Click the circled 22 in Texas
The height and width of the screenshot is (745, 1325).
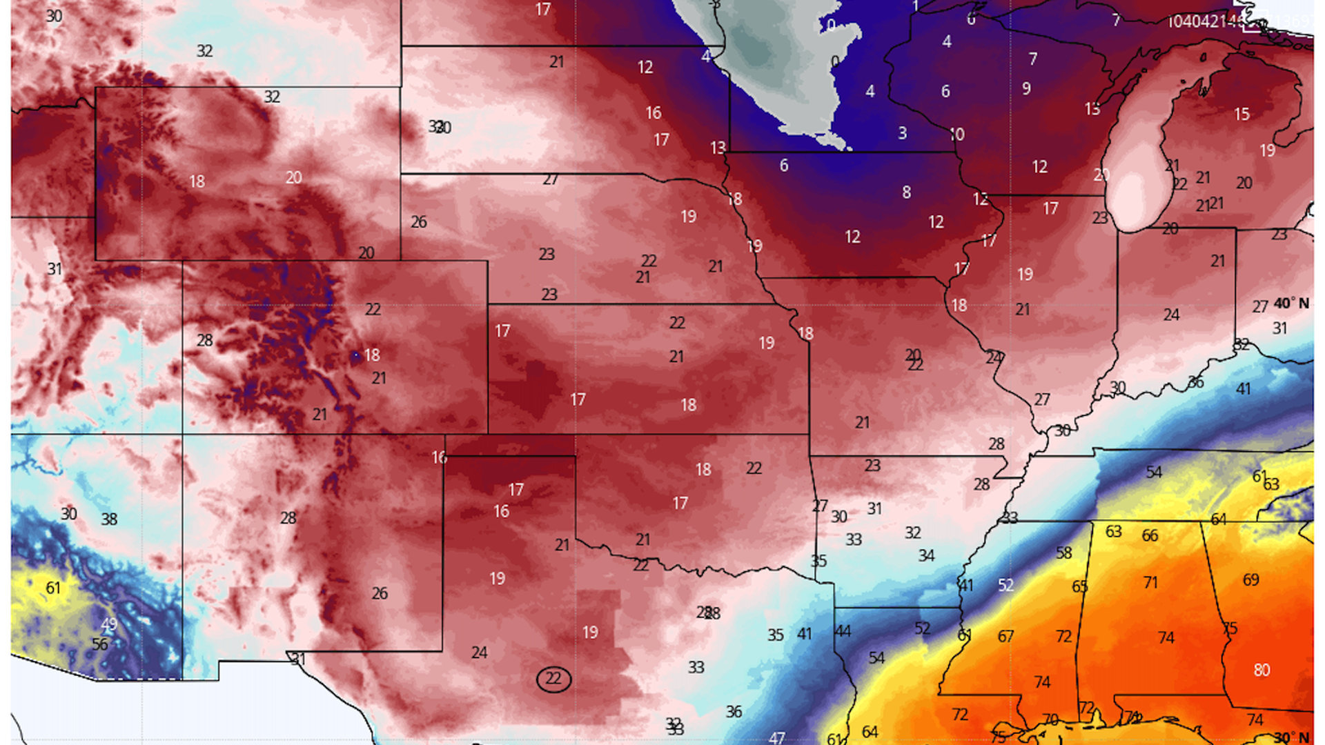tap(553, 679)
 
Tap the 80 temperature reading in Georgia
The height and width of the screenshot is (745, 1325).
tap(1262, 670)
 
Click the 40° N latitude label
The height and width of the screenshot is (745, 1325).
tap(1291, 303)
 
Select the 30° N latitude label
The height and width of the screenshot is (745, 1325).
tap(1291, 737)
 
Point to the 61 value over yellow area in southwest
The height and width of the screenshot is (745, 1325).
tap(53, 588)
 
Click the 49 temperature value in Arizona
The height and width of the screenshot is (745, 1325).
tap(109, 624)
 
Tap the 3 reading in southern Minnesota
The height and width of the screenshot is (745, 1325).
tap(902, 133)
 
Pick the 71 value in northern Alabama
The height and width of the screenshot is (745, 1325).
tap(1150, 583)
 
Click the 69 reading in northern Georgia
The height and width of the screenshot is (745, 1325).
tap(1251, 580)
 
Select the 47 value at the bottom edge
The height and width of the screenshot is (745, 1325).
tap(777, 737)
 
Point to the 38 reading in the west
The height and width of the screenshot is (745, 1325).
tap(109, 519)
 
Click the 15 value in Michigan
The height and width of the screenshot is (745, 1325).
tap(1241, 115)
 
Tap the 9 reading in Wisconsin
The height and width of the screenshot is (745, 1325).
tap(1026, 89)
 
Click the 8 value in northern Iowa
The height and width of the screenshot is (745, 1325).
tap(906, 192)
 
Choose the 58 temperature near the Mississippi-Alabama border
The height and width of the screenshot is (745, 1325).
tap(1063, 553)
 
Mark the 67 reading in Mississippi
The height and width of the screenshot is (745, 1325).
tap(1005, 637)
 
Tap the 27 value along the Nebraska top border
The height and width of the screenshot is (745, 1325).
tap(550, 180)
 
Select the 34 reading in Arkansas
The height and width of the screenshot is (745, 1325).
tap(926, 556)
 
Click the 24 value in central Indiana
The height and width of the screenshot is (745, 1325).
tap(1171, 315)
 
